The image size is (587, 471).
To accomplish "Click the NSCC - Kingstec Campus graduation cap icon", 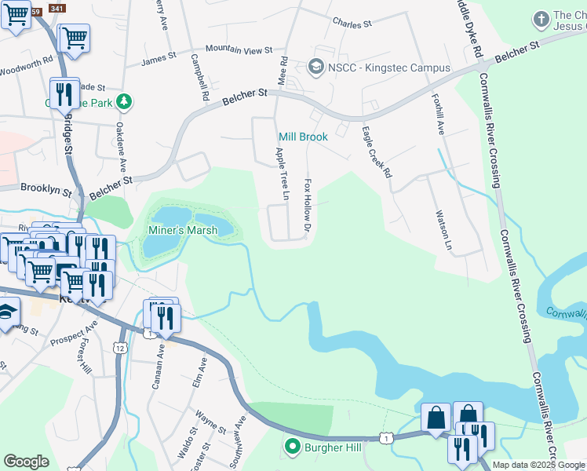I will pos(317,68).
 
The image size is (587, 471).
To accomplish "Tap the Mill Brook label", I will pos(303,137).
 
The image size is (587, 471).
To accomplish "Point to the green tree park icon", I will pos(123,102).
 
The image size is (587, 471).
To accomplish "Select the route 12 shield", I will pos(119,347).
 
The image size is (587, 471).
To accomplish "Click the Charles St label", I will pos(352,24).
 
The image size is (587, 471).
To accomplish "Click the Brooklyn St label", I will pos(46,188).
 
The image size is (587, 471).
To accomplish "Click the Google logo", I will pos(26,462).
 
